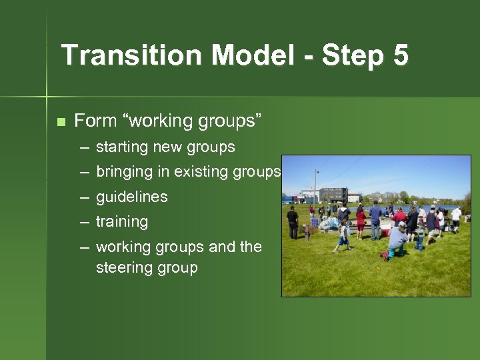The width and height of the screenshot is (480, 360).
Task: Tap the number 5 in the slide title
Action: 400,55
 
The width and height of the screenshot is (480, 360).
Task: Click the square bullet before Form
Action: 61,122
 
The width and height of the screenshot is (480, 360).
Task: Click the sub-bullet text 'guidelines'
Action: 131,197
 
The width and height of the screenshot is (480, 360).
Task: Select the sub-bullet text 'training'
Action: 122,221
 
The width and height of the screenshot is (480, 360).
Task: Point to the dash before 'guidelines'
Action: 85,197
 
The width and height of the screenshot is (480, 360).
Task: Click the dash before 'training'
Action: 85,222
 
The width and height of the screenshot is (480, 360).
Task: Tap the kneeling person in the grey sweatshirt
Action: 397,239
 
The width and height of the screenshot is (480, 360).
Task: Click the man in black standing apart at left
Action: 293,222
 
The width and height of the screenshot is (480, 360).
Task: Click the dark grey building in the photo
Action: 333,195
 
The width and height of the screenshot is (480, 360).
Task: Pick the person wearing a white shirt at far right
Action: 456,218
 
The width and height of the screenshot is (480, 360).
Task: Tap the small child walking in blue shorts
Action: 343,237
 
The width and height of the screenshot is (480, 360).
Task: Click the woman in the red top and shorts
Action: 361,221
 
